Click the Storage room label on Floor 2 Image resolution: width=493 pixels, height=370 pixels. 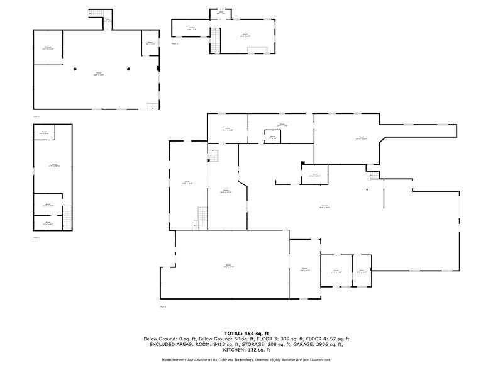click(48, 48)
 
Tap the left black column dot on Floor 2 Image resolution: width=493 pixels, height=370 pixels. click(74, 69)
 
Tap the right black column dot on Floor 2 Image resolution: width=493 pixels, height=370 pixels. click(128, 69)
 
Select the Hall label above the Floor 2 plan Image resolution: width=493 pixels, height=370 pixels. click(107, 20)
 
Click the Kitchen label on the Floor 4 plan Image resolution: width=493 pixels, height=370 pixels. click(191, 28)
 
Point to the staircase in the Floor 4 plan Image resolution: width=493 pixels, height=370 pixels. click(215, 42)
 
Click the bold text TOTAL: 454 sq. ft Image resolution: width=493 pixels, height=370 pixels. click(246, 332)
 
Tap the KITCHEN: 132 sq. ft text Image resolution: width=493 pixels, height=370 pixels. click(246, 350)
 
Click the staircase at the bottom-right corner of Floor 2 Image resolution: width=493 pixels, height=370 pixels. click(151, 106)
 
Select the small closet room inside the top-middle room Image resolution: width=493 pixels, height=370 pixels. click(272, 137)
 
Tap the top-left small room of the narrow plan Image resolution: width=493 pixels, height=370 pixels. click(44, 133)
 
